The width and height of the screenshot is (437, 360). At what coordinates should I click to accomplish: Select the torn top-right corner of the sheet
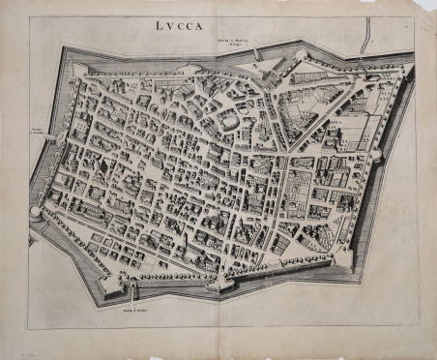(425, 8)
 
